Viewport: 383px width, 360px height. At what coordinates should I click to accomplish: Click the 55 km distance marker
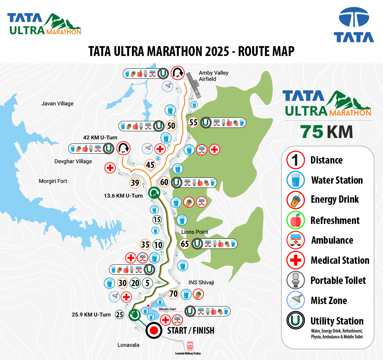click(193, 123)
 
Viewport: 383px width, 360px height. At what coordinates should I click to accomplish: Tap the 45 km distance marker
click(150, 165)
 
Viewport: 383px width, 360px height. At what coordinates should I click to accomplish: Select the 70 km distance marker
click(174, 293)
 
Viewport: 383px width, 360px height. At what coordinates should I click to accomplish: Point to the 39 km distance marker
click(135, 183)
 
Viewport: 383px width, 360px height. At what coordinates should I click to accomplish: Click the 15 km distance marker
click(157, 220)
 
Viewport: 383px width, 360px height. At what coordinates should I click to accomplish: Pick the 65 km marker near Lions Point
click(185, 243)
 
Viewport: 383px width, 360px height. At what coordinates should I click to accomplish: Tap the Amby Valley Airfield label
click(213, 76)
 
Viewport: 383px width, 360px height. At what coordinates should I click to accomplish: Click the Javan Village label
click(57, 104)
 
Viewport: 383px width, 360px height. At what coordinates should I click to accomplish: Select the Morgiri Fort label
click(53, 181)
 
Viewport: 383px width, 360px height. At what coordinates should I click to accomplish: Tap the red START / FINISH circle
click(154, 331)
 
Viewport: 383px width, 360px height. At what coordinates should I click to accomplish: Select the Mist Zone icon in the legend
click(292, 301)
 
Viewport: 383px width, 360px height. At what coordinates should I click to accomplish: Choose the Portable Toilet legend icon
click(292, 281)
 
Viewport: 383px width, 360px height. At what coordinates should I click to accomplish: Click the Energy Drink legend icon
click(292, 199)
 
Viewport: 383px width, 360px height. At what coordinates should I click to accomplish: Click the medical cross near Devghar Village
click(110, 168)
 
